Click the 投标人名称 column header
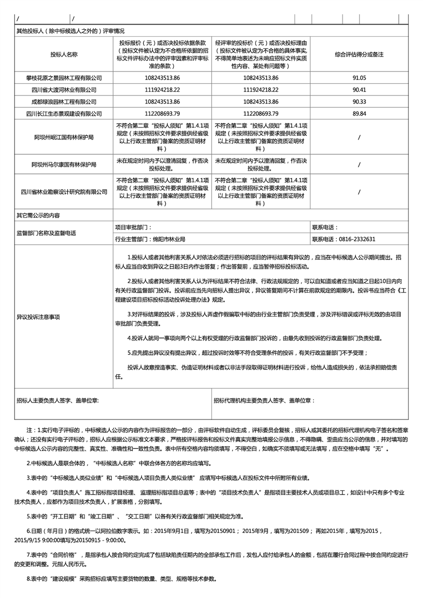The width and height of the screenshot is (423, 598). point(64,54)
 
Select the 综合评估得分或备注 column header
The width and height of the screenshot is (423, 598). point(359,54)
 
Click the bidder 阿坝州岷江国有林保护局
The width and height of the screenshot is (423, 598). point(64,137)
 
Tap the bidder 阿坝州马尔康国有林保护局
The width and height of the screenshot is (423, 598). point(64,164)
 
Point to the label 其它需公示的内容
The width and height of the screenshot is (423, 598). point(38,215)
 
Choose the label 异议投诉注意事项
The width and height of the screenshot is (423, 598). point(38,317)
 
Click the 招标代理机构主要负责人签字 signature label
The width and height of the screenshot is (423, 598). point(264,400)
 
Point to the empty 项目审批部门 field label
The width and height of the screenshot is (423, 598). point(134,227)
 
